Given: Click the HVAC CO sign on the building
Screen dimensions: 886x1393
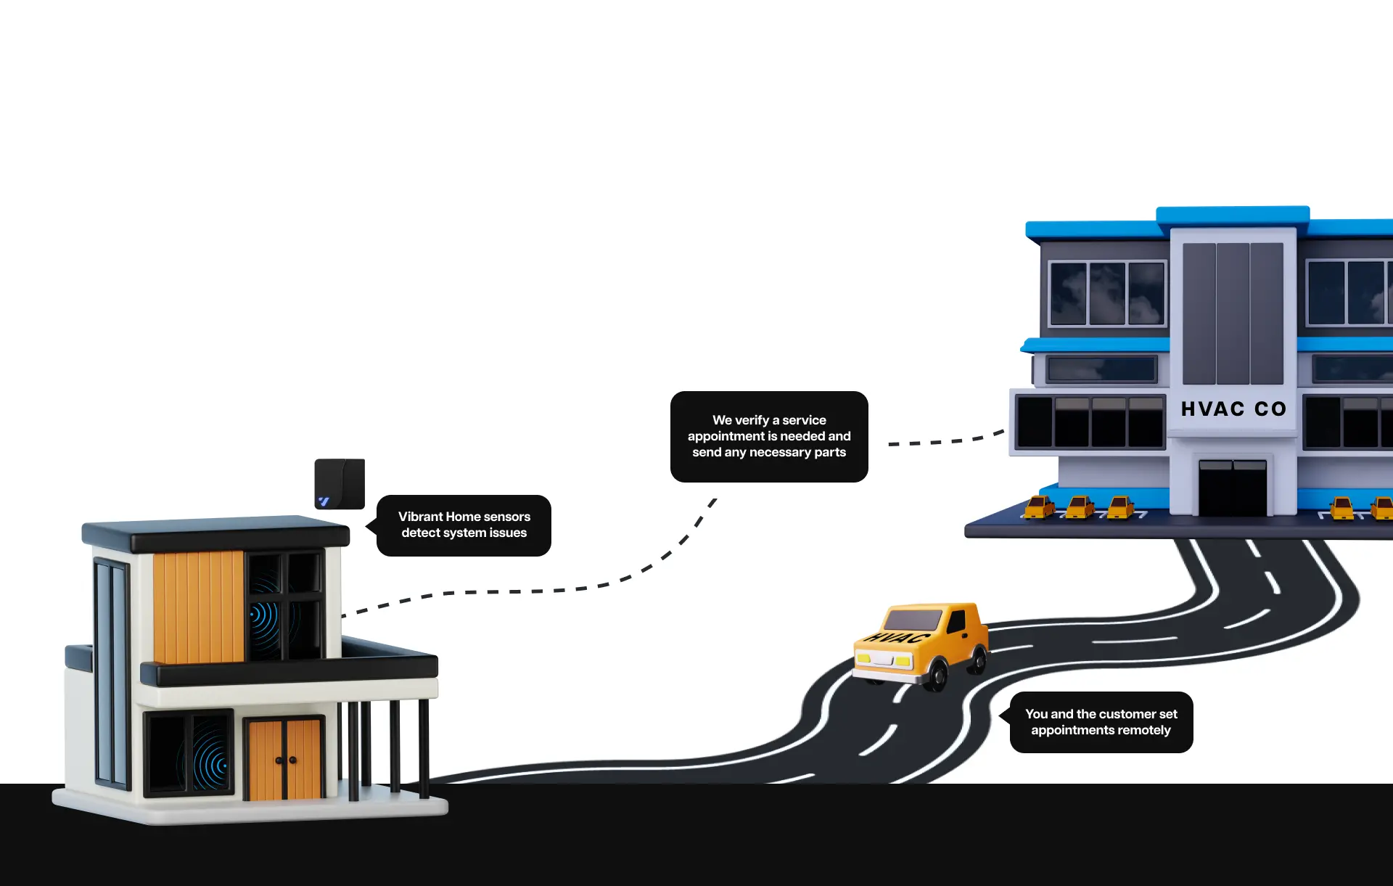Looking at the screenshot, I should coord(1233,409).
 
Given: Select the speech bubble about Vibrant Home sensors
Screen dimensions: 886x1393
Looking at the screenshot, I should coord(464,525).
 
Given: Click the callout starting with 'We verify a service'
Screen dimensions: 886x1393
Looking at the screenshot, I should coord(769,436).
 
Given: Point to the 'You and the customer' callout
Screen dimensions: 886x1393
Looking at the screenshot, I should coord(1101,722).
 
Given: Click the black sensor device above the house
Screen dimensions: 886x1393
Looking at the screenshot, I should coord(340,483).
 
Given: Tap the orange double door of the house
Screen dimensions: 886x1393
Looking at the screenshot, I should coord(284,758).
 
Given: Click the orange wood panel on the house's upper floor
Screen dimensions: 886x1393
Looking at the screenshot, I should coord(198,607).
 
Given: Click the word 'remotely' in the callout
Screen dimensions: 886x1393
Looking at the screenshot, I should coord(1144,730).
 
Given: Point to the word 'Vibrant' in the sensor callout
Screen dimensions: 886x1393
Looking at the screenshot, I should coord(420,517).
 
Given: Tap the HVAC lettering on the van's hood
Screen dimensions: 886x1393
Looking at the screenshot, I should coord(898,638).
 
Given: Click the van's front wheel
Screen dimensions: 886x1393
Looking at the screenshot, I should coord(937,675).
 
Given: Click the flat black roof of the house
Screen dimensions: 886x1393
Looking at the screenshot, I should coord(215,534).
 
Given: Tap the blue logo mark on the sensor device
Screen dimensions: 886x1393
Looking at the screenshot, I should coord(324,501).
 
